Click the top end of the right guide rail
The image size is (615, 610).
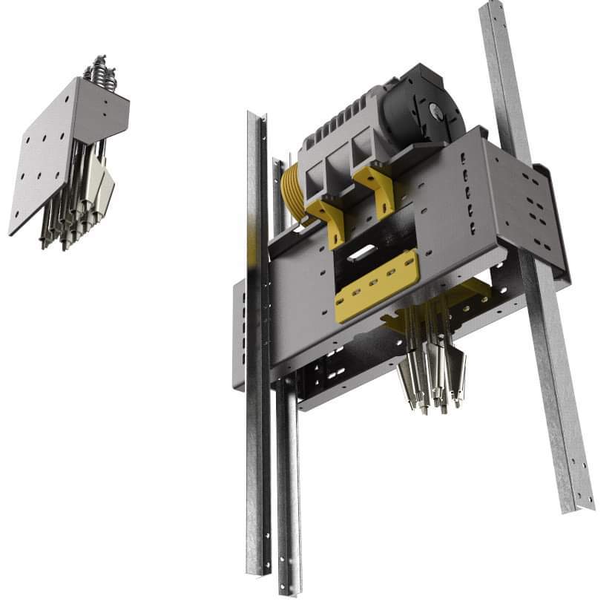click(x=492, y=11)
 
